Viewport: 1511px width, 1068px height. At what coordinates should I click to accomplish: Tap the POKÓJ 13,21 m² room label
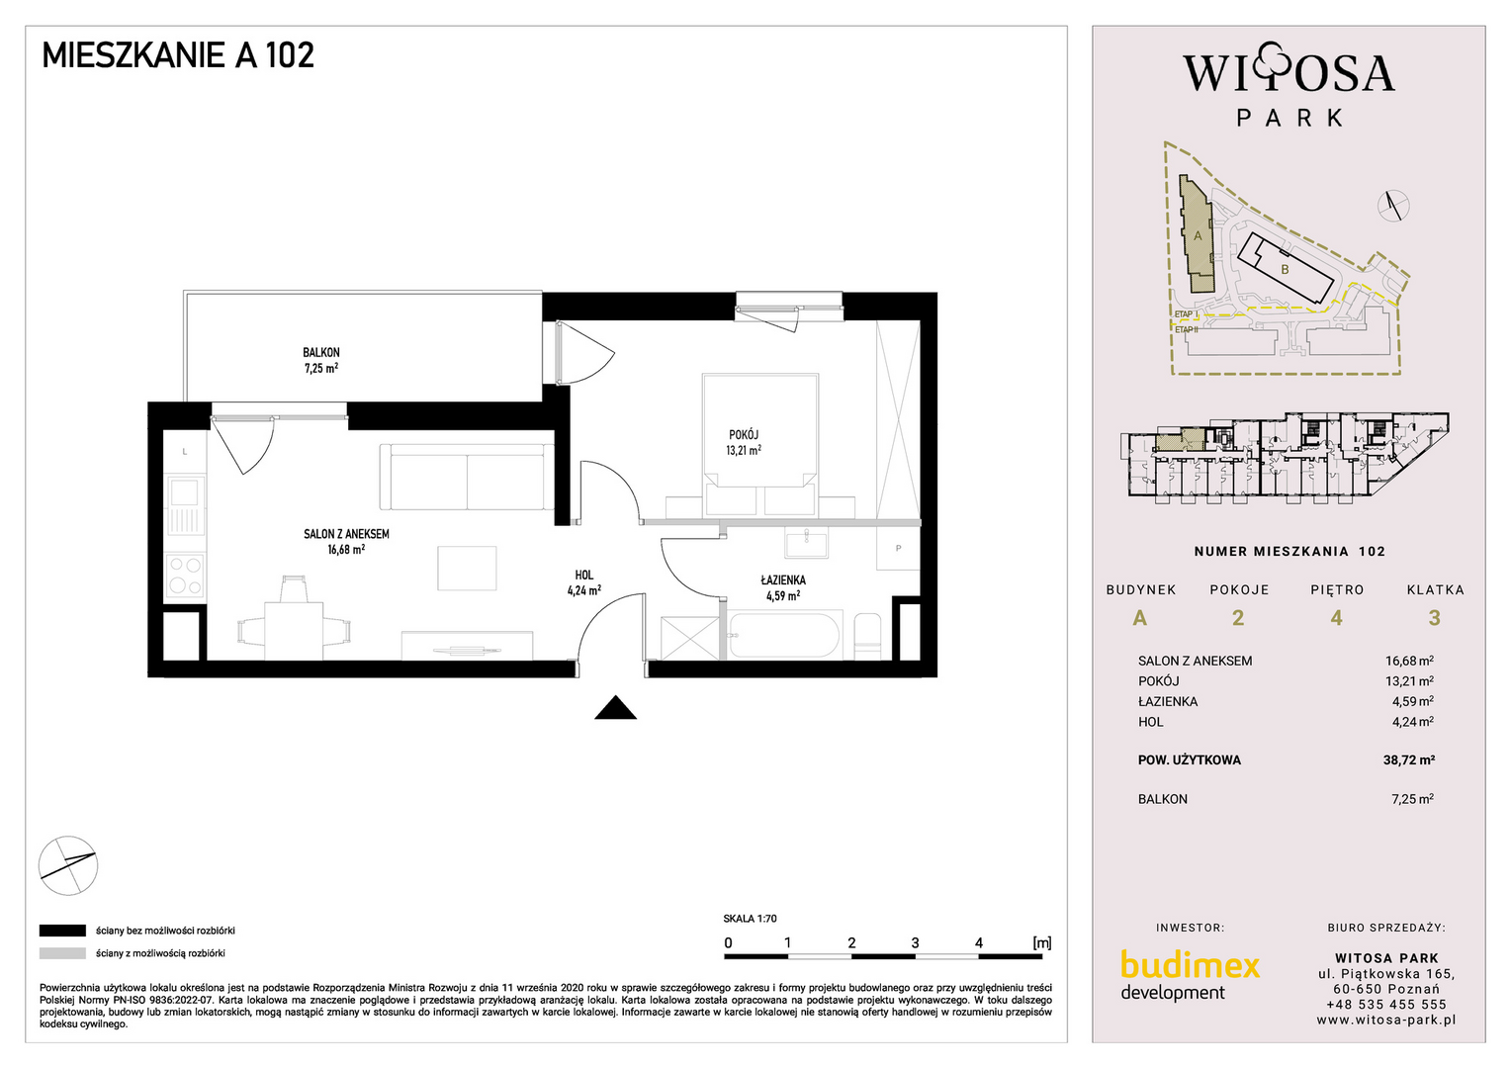tap(744, 442)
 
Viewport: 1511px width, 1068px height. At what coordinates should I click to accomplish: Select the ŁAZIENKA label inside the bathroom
tap(783, 579)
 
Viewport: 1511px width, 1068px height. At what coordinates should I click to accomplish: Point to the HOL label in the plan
tap(584, 575)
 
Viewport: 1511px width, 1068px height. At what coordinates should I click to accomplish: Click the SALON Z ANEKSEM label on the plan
tap(346, 534)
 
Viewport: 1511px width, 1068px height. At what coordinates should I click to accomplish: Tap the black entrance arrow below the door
tap(615, 707)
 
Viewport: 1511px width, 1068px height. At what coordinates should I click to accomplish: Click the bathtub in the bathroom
tap(784, 635)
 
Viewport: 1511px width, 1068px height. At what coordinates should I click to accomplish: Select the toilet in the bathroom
tap(867, 636)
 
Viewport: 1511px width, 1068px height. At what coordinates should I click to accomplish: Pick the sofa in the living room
tap(467, 477)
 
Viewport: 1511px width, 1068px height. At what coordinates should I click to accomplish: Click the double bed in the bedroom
tap(760, 445)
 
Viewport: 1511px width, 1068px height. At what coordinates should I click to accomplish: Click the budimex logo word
tap(1190, 965)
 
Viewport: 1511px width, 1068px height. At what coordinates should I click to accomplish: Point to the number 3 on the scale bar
tap(916, 942)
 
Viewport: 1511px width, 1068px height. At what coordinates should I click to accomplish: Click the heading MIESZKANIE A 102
tap(178, 55)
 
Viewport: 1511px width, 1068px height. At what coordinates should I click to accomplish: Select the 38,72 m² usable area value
tap(1409, 759)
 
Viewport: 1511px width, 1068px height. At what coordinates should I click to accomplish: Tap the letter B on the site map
tap(1285, 270)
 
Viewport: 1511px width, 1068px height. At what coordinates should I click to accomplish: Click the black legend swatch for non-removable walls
tap(62, 931)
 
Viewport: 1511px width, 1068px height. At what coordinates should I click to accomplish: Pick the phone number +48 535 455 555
tap(1385, 1005)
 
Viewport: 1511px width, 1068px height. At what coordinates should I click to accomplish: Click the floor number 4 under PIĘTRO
tap(1336, 618)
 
